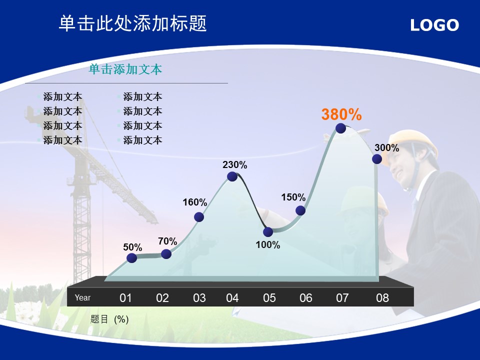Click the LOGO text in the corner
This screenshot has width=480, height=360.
point(434,25)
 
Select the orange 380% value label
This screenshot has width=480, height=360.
point(341,114)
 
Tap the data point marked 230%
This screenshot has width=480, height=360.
point(232,176)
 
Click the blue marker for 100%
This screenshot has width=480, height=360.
point(268,231)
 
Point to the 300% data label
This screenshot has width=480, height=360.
point(387,148)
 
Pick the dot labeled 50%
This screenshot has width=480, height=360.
point(131,258)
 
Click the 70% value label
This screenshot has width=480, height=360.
point(168,241)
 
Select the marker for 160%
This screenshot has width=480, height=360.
point(199,217)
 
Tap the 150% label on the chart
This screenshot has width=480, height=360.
point(293,197)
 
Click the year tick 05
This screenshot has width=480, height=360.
point(269,298)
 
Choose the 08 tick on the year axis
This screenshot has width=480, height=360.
point(382,298)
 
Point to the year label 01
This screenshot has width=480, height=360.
point(125,298)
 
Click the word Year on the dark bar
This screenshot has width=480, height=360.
point(82,297)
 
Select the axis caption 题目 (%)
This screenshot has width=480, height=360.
point(109,319)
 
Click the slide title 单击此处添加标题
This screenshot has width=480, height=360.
point(133,23)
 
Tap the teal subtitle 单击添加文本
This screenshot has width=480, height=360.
point(125,69)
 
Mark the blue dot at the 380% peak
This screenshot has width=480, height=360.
point(340,128)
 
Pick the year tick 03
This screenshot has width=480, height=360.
point(199,298)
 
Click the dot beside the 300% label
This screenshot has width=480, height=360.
point(377,159)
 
